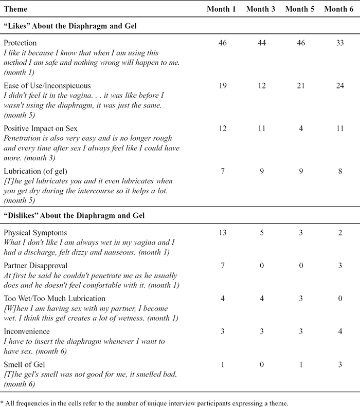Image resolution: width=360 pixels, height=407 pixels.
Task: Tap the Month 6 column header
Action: [338, 10]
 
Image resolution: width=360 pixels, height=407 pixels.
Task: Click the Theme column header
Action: [15, 10]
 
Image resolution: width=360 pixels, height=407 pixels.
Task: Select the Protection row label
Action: [20, 44]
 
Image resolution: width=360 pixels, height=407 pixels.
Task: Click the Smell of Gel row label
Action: [24, 364]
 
